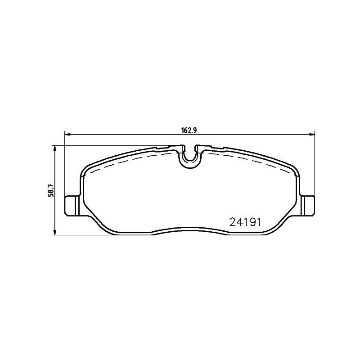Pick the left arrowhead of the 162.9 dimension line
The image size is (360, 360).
click(68, 134)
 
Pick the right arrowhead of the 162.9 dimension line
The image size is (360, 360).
click(312, 134)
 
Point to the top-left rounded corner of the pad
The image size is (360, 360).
click(85, 170)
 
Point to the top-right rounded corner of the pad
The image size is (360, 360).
click(295, 170)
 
